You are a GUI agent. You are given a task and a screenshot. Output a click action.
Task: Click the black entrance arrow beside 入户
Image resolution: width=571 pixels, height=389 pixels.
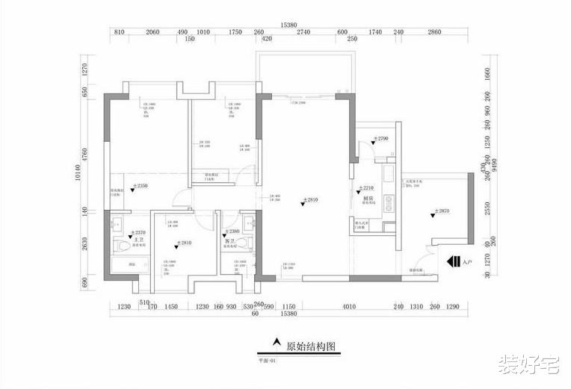pos(453,262)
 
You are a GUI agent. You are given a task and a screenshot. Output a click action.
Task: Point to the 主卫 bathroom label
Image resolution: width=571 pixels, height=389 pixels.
pos(138,239)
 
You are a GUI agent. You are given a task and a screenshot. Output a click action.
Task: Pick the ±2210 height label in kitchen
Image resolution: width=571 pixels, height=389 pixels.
pos(365,188)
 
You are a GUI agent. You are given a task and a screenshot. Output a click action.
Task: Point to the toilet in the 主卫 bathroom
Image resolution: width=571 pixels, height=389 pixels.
pos(120,247)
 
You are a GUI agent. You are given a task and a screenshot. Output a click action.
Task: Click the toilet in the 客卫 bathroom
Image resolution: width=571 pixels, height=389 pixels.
pos(249,247)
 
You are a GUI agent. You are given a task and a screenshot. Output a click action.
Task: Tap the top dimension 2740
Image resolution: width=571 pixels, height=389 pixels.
pos(303,33)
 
